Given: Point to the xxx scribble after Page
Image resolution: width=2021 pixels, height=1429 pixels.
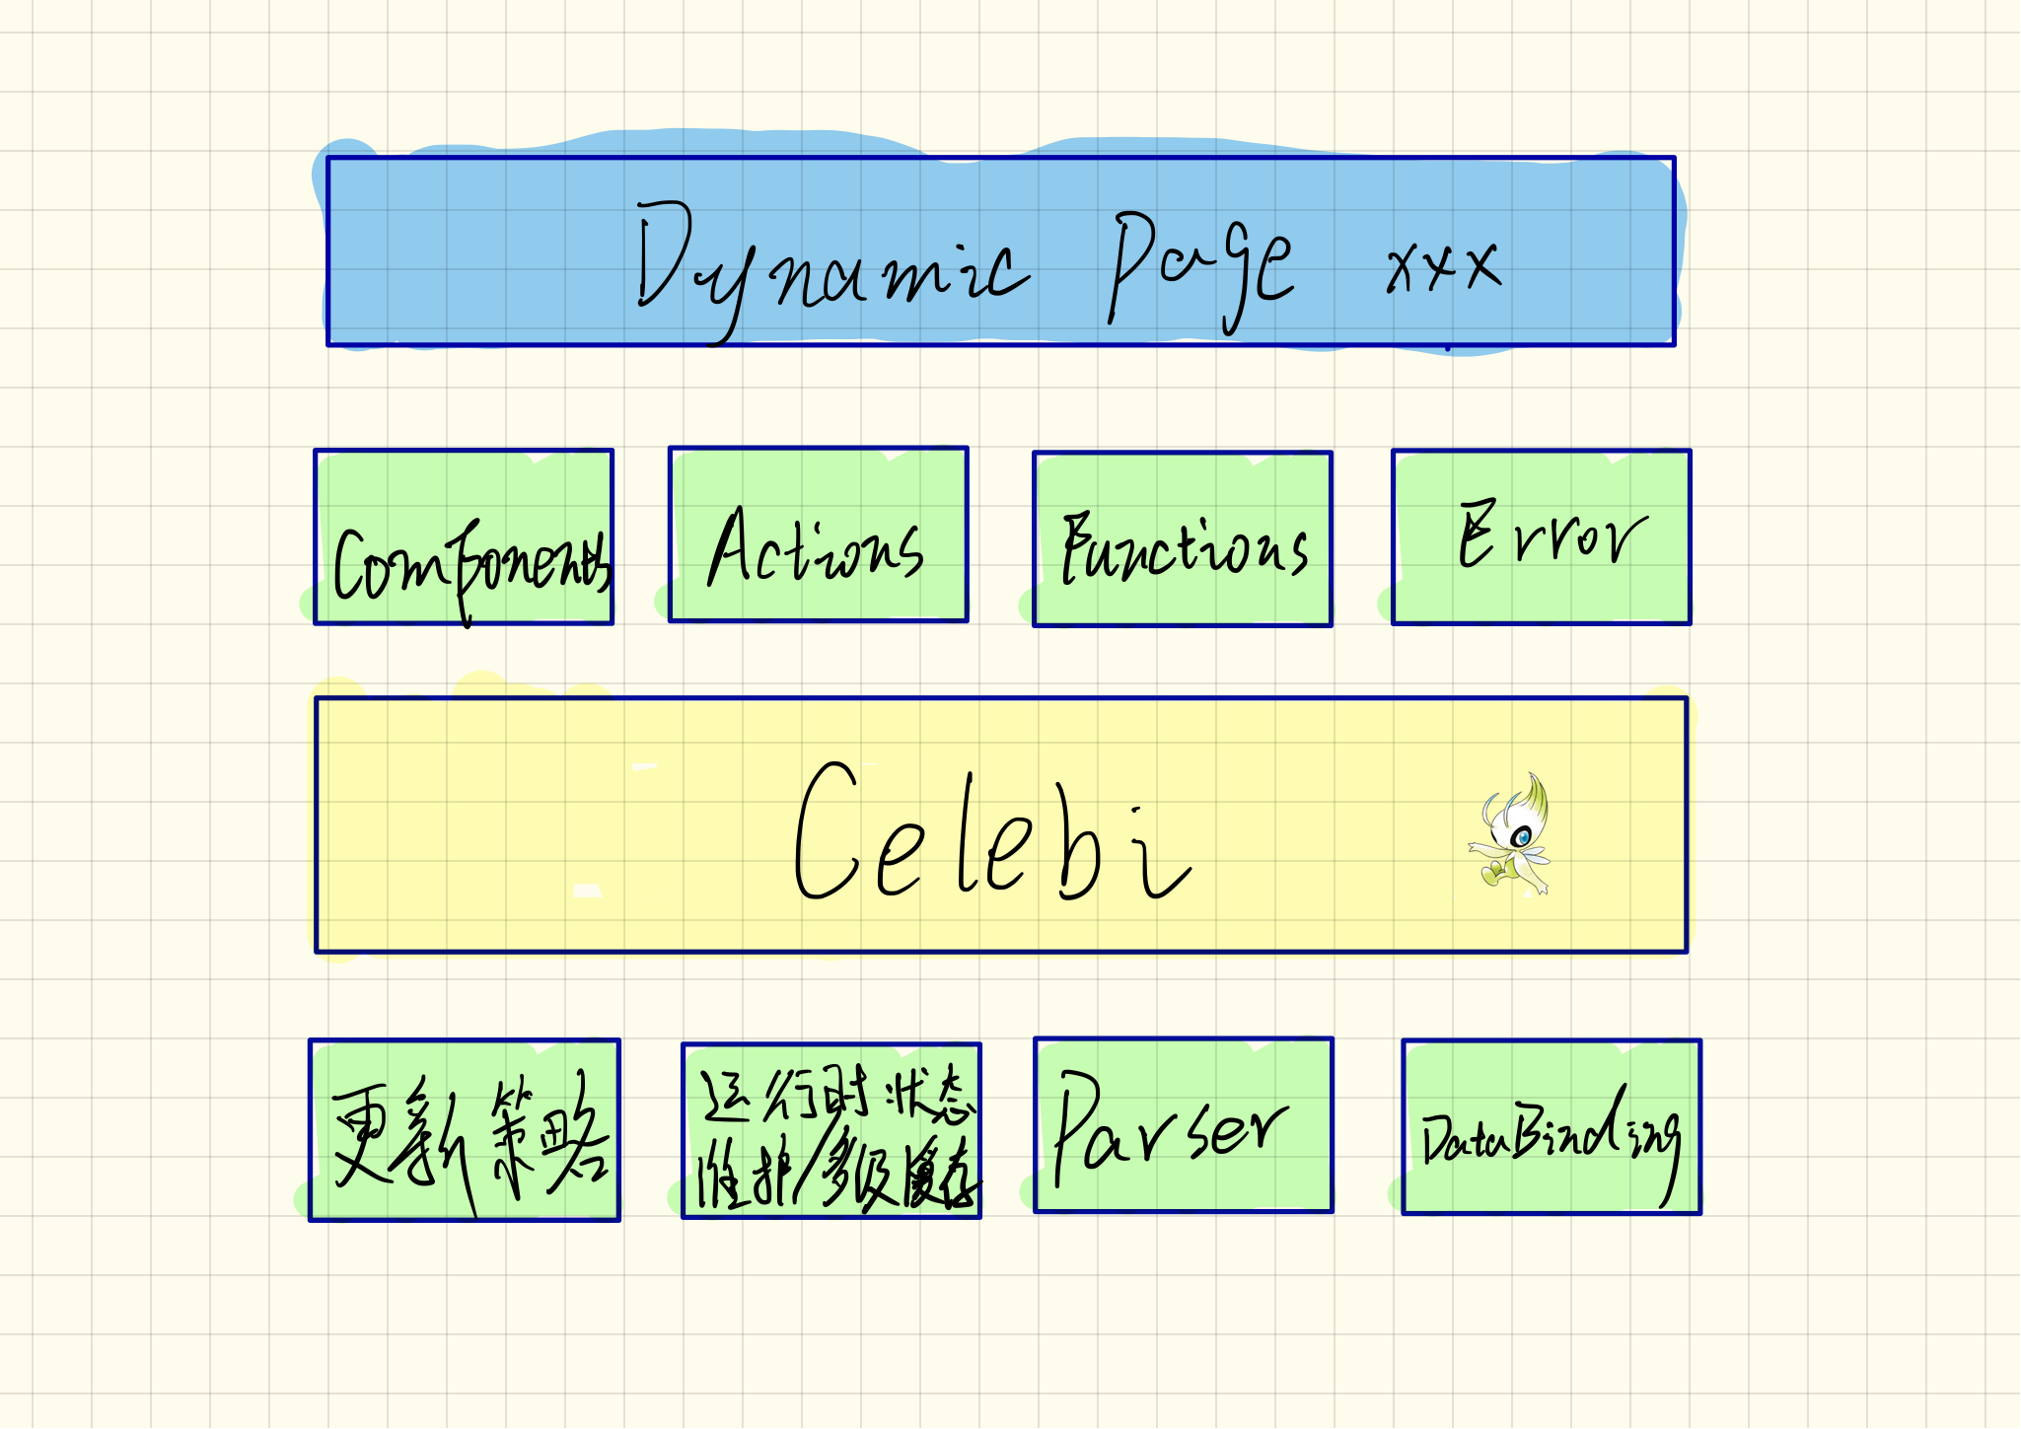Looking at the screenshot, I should (x=1442, y=264).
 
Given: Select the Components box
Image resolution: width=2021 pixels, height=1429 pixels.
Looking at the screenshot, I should (x=464, y=537).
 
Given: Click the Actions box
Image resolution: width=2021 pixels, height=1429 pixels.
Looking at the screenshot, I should (x=818, y=535).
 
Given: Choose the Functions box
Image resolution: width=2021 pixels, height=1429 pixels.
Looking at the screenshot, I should (x=1183, y=539).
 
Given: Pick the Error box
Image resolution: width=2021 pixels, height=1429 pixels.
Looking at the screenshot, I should (x=1541, y=537).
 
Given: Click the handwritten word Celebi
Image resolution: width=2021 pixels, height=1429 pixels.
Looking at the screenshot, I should (x=991, y=833).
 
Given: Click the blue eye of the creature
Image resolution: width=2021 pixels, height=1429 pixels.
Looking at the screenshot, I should (x=1524, y=838).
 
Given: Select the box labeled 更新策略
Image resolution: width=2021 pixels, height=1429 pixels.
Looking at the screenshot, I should (x=465, y=1130).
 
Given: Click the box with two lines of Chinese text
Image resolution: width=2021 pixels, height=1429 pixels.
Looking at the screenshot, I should (x=831, y=1131).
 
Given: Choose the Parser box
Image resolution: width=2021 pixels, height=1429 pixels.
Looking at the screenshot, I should (x=1184, y=1125).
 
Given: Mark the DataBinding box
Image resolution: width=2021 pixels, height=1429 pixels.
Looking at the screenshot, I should (x=1552, y=1127).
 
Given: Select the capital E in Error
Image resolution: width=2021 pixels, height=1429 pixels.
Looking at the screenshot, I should (x=1478, y=535).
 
